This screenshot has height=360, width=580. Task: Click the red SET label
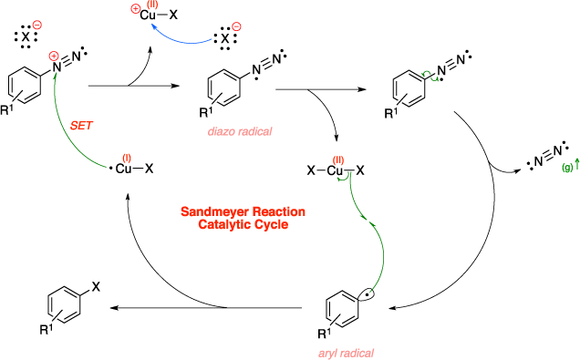click(x=82, y=124)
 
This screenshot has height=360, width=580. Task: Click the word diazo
click(x=222, y=131)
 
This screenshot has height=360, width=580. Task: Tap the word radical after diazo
click(x=254, y=131)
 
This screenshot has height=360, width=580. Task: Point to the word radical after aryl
click(x=358, y=353)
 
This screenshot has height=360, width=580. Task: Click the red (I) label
click(x=127, y=158)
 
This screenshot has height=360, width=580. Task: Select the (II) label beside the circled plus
click(x=152, y=5)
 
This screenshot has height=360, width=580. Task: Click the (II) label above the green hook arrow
click(x=338, y=160)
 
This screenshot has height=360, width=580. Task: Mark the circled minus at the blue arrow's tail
click(x=236, y=26)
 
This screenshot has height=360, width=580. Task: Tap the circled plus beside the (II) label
click(x=136, y=8)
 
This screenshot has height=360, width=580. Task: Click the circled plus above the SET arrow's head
click(x=54, y=56)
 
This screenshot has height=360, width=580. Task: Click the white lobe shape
click(x=366, y=294)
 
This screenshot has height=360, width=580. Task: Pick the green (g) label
click(x=567, y=168)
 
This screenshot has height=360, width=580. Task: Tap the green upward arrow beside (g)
click(x=576, y=163)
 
